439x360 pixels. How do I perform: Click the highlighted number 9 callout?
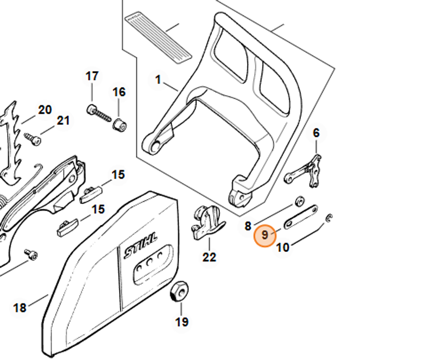265,235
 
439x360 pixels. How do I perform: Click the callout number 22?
209,257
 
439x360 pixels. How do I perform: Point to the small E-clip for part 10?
330,218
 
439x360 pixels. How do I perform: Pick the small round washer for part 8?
300,201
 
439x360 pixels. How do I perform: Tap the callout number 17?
92,76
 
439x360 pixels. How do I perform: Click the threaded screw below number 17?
98,113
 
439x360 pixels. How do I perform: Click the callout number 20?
45,110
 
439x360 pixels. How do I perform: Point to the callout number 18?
20,308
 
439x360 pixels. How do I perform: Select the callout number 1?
158,80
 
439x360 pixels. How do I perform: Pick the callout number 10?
283,248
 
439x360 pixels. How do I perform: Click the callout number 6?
316,133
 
